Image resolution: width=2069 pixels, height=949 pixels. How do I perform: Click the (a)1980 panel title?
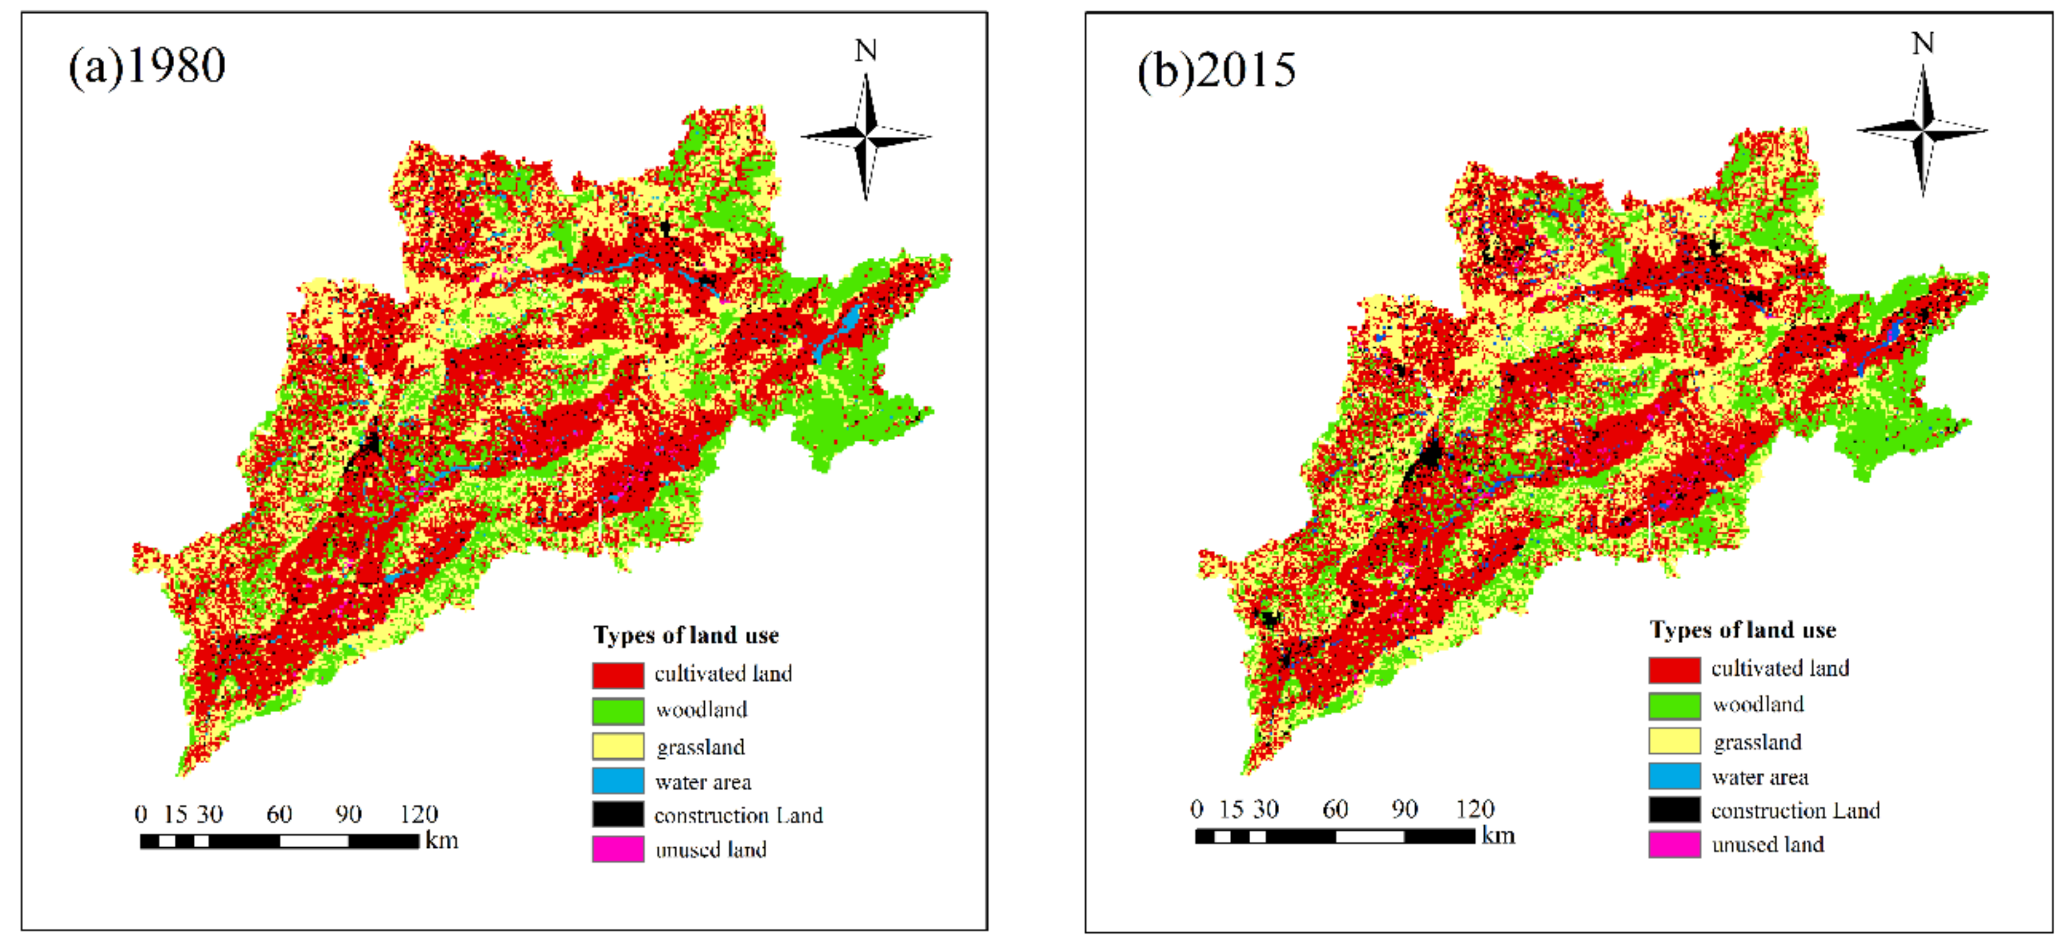click(147, 66)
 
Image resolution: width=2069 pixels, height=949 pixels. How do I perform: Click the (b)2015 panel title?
click(1216, 70)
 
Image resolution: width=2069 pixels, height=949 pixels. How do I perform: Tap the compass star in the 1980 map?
click(866, 136)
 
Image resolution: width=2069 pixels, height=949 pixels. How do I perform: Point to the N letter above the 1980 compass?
click(865, 50)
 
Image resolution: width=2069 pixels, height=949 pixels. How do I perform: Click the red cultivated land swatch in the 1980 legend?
click(618, 675)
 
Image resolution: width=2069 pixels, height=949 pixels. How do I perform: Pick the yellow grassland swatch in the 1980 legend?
click(618, 746)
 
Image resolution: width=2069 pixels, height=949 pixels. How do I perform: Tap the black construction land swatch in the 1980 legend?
click(618, 814)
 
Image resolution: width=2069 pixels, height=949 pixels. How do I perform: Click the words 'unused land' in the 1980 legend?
click(711, 849)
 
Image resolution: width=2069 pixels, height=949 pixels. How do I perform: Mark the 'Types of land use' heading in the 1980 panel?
click(686, 635)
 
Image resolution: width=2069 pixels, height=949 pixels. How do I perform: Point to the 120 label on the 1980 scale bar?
click(418, 814)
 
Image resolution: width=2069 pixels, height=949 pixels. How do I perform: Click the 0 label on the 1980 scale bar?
click(140, 814)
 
